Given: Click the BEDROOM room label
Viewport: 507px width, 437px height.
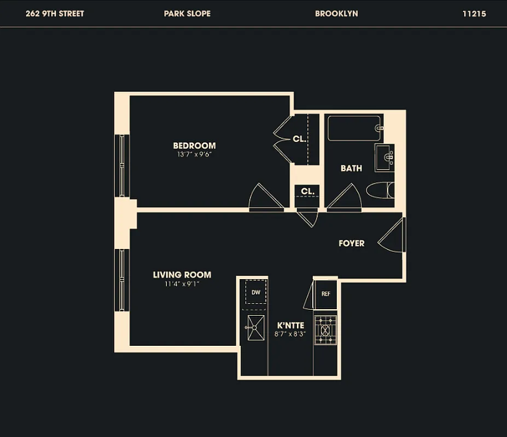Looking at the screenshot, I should click(x=194, y=146).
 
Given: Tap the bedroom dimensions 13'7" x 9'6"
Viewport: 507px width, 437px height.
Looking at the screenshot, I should click(x=194, y=155).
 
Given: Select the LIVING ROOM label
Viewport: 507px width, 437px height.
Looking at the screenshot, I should click(x=182, y=275).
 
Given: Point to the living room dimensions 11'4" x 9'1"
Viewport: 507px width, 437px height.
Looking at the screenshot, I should click(x=182, y=284).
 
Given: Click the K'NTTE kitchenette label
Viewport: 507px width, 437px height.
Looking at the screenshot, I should click(x=290, y=326).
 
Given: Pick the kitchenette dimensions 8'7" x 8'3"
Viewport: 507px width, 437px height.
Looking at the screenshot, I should click(x=290, y=334).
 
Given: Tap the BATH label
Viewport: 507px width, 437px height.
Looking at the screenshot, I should click(x=351, y=168).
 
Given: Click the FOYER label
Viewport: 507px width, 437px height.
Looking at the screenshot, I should click(x=351, y=244).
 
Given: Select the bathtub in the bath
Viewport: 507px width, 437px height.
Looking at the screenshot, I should click(x=354, y=128).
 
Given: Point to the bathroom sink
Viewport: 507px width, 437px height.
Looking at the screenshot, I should click(x=384, y=158).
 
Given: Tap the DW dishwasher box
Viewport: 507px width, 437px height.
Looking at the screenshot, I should click(x=256, y=293).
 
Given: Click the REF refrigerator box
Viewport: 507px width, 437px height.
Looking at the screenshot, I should click(x=326, y=294).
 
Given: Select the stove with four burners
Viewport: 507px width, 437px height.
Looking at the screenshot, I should click(x=325, y=330).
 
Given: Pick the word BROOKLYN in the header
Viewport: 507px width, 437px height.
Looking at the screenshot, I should click(x=336, y=14).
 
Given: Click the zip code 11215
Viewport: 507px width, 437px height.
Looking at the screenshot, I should click(x=474, y=14).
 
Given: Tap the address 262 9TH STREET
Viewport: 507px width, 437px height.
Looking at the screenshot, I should click(x=55, y=14).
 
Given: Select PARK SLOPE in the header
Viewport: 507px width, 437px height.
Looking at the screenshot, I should click(x=187, y=14).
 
